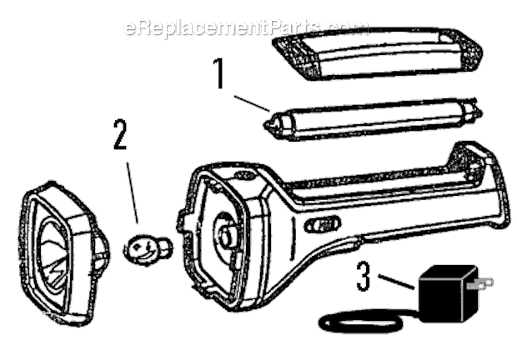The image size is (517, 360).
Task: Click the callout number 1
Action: tap(219, 74)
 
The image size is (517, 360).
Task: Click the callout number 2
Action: tap(120, 134)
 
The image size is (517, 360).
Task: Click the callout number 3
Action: tap(364, 276)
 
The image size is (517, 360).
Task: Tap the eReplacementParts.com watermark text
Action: tap(246, 27)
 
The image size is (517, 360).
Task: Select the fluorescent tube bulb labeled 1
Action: tap(373, 119)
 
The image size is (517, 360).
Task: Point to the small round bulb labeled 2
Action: tap(148, 247)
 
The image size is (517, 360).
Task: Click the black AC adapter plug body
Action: tap(447, 293)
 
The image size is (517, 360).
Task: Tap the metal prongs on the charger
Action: tap(480, 283)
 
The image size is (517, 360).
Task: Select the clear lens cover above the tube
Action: tap(378, 54)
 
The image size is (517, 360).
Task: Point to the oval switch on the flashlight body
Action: tap(322, 225)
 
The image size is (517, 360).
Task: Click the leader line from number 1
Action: tap(252, 103)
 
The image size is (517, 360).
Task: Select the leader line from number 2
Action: tap(133, 192)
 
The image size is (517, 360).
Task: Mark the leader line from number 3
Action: tap(396, 282)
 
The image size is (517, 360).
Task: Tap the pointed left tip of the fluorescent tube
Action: tap(265, 124)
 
